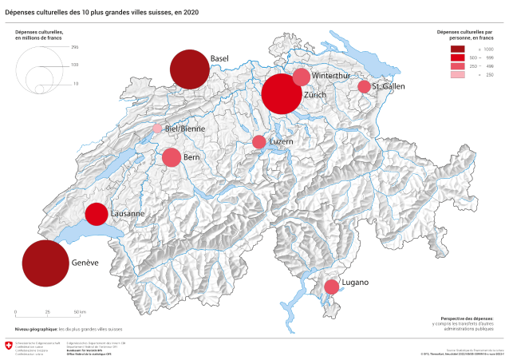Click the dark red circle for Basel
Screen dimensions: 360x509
[190, 69]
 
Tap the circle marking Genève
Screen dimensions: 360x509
[45, 263]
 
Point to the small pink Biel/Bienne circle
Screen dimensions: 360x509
[157, 129]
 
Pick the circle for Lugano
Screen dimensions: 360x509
[331, 287]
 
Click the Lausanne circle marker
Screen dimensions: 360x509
[97, 214]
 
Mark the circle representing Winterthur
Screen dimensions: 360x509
[301, 77]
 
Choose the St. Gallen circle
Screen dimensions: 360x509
[364, 86]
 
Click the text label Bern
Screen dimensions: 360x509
[191, 158]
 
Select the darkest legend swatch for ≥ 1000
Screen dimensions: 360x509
[457, 49]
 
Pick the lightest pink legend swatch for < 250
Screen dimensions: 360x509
[457, 74]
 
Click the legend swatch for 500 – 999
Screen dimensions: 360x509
[457, 57]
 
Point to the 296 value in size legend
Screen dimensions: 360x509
[74, 48]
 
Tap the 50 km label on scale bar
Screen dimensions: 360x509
[80, 311]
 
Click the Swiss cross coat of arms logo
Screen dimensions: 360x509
[9, 346]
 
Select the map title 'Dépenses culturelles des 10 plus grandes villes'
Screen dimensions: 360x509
[102, 13]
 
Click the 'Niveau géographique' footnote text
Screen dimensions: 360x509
[69, 329]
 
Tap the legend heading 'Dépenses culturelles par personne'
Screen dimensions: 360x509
[467, 35]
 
